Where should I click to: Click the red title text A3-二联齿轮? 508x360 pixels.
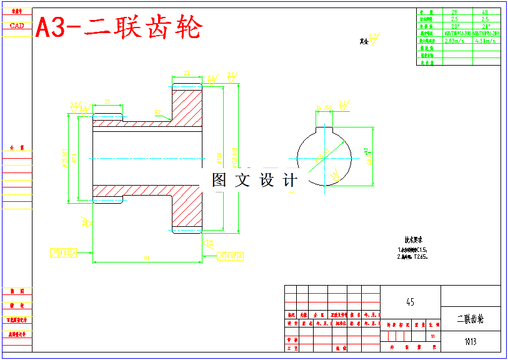(x=119, y=28)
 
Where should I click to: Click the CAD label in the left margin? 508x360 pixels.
(x=17, y=26)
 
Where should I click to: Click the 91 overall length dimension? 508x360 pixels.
(x=146, y=257)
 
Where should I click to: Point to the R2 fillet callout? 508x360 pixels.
(x=158, y=113)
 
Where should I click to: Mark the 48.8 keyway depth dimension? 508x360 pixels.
(x=369, y=156)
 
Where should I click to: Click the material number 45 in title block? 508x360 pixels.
(x=410, y=302)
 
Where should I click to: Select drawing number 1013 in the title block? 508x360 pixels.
(x=471, y=341)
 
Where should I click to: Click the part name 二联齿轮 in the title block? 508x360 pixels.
(x=471, y=319)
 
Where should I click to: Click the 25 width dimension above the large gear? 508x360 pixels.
(x=187, y=74)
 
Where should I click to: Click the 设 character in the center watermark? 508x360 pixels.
(x=267, y=181)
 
